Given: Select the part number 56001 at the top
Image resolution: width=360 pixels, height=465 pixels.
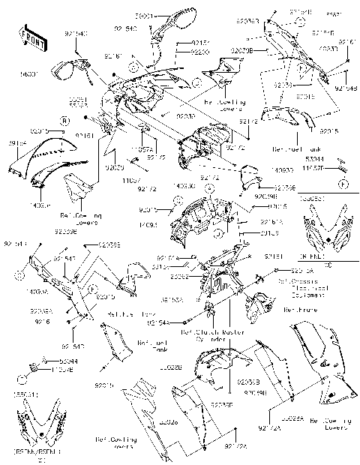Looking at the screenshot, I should [143, 15].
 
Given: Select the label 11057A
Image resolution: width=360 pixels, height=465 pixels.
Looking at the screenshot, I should [141, 149].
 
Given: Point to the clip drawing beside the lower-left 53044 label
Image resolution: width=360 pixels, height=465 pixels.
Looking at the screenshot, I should [34, 367].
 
